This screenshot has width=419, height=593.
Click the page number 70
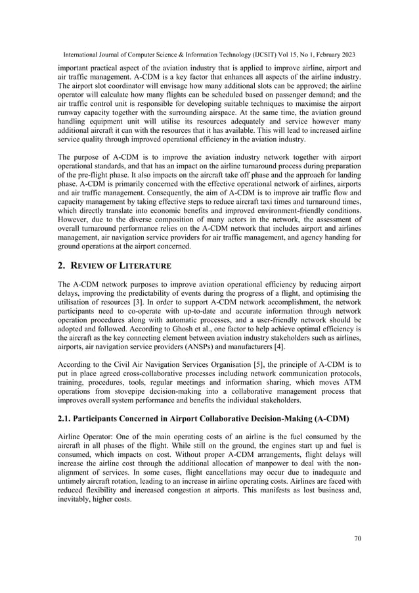coord(357,539)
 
